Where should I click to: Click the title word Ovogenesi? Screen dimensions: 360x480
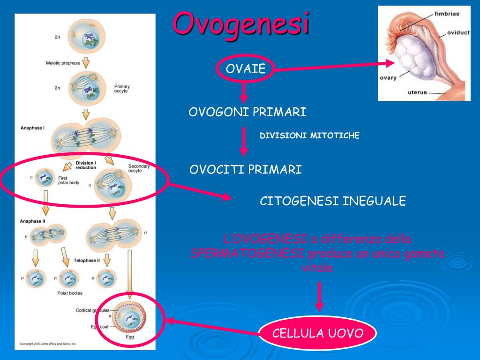click(241, 24)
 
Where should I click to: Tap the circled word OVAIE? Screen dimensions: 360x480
click(245, 69)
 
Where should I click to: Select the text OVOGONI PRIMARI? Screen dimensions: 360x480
click(247, 112)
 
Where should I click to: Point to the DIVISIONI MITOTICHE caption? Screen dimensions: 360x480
click(309, 136)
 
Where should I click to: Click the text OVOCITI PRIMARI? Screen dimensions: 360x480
click(246, 170)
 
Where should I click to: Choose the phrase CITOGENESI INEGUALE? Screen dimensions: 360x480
click(333, 202)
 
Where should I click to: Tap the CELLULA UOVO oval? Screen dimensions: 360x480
click(318, 334)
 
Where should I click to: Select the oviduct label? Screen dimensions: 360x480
click(458, 33)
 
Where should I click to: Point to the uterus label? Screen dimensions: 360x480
click(417, 92)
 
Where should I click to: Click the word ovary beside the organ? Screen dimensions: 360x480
click(388, 78)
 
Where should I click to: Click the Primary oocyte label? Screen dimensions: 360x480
click(122, 89)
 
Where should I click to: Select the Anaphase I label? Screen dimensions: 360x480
click(32, 127)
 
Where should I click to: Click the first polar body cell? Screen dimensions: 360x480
click(45, 178)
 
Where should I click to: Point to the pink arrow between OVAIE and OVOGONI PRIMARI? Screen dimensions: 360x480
click(243, 92)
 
